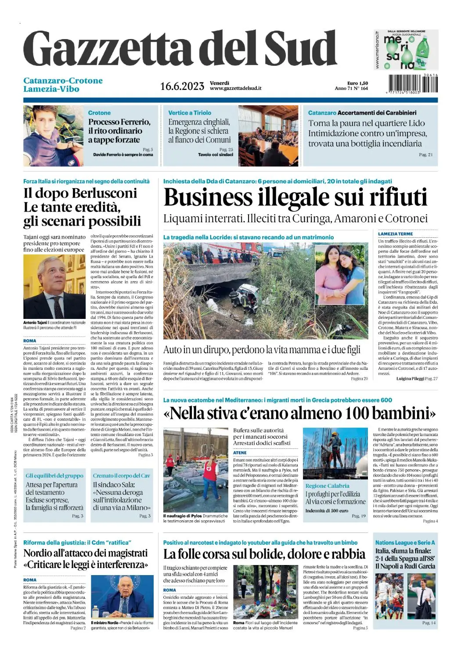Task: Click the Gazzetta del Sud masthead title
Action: click(x=180, y=49)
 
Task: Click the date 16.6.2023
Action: click(x=182, y=86)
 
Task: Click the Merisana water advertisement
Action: click(x=406, y=50)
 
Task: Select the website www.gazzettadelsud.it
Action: click(x=235, y=88)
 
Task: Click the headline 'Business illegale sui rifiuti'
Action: click(x=295, y=197)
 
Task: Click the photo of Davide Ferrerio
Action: click(x=53, y=135)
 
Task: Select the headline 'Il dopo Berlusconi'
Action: click(x=80, y=193)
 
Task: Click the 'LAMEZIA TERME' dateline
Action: click(x=395, y=234)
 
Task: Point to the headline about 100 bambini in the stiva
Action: click(x=300, y=413)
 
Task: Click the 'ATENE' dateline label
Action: click(x=240, y=453)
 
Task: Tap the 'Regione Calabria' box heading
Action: click(x=327, y=486)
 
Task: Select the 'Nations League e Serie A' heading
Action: click(x=405, y=543)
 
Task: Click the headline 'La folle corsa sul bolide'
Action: click(x=264, y=554)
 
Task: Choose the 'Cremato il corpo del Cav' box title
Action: click(x=121, y=476)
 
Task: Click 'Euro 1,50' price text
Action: click(x=357, y=83)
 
